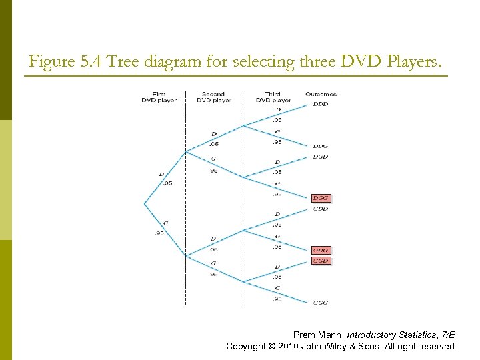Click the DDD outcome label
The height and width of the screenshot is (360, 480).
pos(320,104)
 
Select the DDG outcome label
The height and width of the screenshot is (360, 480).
pos(320,146)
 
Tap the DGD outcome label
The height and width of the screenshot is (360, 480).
pos(320,157)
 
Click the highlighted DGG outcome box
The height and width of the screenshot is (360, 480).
pos(321,198)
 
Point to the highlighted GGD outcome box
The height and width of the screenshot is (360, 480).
pos(321,261)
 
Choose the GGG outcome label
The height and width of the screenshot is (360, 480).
pos(320,303)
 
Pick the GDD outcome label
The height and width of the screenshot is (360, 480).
pos(320,209)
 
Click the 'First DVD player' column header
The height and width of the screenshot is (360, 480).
pos(159,97)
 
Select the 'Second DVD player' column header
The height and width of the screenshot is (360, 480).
pos(213,97)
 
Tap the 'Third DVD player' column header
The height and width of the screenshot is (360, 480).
pos(272,97)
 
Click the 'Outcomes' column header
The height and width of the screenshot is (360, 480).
pos(321,94)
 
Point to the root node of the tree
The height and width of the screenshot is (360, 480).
pos(145,203)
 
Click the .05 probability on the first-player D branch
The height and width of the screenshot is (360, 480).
pos(167,183)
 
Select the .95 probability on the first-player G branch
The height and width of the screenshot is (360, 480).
pos(159,233)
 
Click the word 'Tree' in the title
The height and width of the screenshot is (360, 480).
pos(121,63)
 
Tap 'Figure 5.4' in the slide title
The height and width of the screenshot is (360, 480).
pos(61,63)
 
